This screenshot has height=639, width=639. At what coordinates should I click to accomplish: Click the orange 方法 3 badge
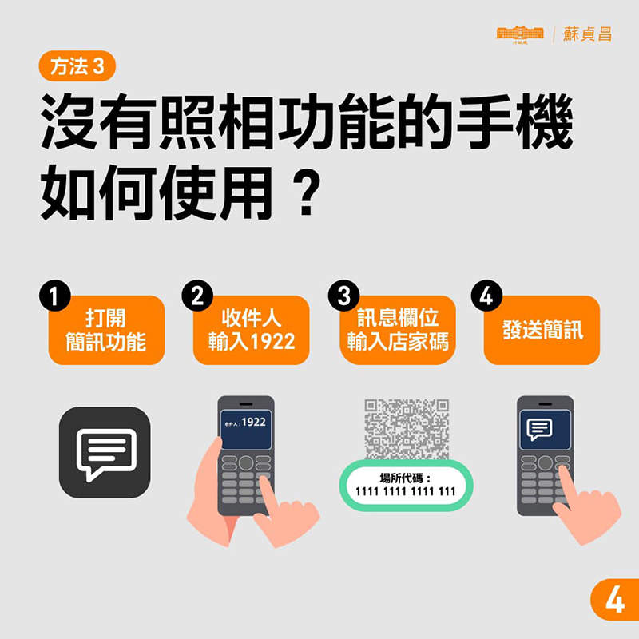coord(77,67)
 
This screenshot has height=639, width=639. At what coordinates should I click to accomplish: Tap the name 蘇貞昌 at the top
coord(587,34)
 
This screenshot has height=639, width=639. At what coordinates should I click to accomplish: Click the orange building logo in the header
coord(519,34)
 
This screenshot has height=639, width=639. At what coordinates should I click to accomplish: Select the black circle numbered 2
coord(196,296)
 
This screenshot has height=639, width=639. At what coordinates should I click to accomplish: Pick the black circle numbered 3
coord(343,296)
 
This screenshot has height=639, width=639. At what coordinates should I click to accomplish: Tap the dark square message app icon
coord(105,453)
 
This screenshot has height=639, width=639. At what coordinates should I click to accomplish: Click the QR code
coord(407,428)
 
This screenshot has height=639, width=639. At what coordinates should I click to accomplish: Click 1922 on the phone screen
coord(253,421)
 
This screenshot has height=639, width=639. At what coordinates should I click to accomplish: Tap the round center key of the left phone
coord(246,462)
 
